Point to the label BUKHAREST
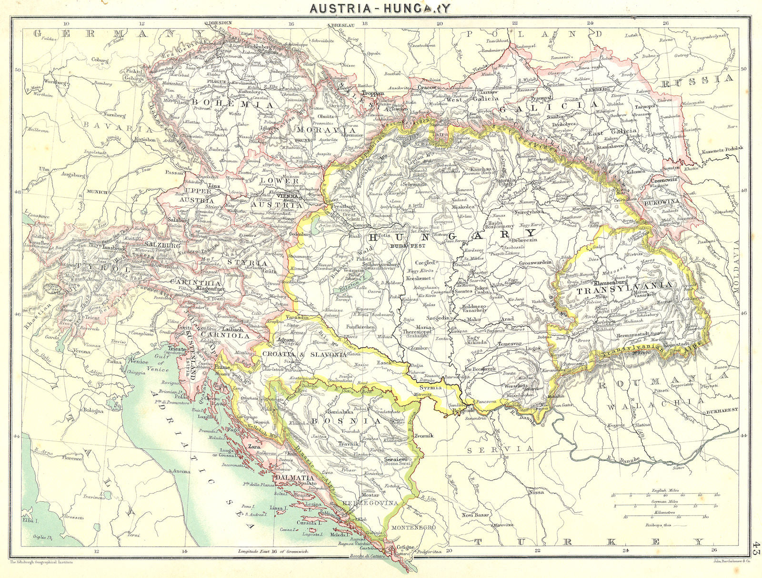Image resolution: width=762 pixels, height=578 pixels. pyautogui.click(x=722, y=410)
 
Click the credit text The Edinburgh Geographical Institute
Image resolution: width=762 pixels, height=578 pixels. pyautogui.click(x=41, y=562)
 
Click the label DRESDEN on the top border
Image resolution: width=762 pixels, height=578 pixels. pyautogui.click(x=219, y=22)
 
